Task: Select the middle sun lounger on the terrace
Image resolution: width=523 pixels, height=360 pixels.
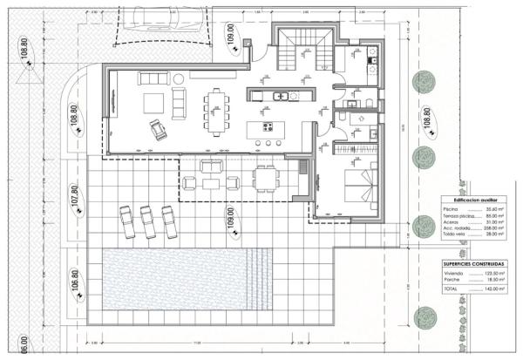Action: [146, 221]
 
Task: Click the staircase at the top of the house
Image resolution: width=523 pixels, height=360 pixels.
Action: [302, 51]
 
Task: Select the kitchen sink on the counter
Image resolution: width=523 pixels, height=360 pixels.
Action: [281, 96]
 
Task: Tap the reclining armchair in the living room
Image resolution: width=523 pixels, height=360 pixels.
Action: [159, 131]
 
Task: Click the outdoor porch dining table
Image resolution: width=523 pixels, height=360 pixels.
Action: [265, 178]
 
